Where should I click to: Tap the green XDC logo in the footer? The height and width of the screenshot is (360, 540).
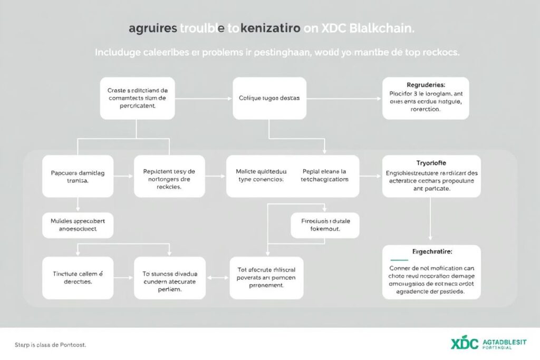pos(465,344)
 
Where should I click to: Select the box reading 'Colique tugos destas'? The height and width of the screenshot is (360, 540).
pos(269,98)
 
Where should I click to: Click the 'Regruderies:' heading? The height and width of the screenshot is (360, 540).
pos(426,84)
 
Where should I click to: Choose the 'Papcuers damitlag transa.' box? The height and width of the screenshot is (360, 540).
pos(78,176)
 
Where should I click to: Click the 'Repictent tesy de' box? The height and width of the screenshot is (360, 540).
pos(169,176)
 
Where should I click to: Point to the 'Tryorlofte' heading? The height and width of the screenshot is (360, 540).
pos(431,163)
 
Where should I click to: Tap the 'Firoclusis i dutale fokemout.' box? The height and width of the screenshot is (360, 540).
pos(325,226)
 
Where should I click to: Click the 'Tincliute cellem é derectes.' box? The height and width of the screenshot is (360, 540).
pos(78,278)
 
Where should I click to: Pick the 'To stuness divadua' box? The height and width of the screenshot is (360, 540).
pos(169,278)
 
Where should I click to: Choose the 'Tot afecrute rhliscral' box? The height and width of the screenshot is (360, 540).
pos(266,278)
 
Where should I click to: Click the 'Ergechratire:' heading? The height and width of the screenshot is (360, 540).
pos(431,252)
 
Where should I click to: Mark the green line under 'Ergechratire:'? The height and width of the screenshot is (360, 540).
pos(399,260)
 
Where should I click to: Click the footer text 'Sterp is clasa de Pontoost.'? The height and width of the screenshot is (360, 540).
pos(43,345)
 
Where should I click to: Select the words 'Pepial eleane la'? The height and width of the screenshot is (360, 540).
pos(325,171)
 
